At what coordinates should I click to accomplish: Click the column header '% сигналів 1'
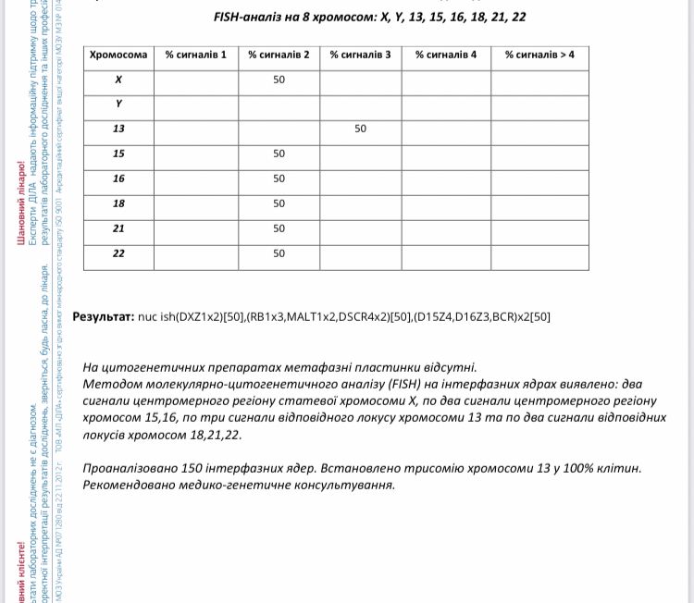pyautogui.click(x=195, y=55)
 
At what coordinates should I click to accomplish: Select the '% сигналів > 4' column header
pyautogui.click(x=539, y=55)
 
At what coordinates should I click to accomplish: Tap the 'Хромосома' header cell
pyautogui.click(x=118, y=55)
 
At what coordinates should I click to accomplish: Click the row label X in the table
pyautogui.click(x=118, y=80)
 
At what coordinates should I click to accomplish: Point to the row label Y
pyautogui.click(x=118, y=105)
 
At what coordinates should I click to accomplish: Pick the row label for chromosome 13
pyautogui.click(x=118, y=129)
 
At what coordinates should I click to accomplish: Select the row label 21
pyautogui.click(x=118, y=228)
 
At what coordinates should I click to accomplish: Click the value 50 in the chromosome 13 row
pyautogui.click(x=360, y=129)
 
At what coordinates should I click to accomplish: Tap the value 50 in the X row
pyautogui.click(x=279, y=80)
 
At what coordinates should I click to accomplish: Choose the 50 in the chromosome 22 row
pyautogui.click(x=279, y=253)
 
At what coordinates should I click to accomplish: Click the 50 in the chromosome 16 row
pyautogui.click(x=279, y=178)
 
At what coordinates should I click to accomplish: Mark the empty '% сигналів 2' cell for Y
pyautogui.click(x=279, y=105)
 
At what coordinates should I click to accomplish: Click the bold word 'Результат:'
pyautogui.click(x=103, y=316)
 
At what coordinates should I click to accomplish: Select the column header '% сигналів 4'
pyautogui.click(x=446, y=55)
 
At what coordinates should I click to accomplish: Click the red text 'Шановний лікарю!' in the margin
pyautogui.click(x=21, y=204)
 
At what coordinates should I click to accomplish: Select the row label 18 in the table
pyautogui.click(x=118, y=203)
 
